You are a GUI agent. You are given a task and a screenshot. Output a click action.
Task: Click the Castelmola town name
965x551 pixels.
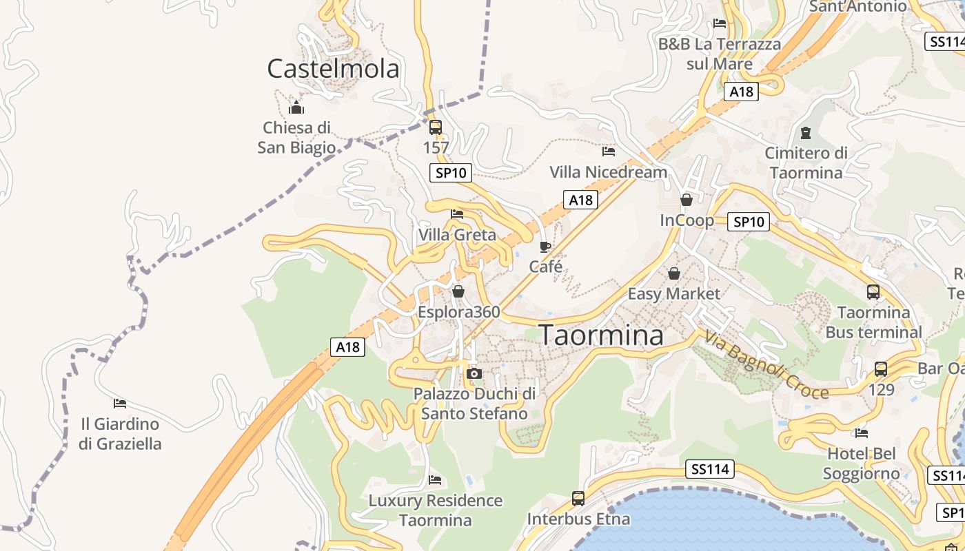point(333,69)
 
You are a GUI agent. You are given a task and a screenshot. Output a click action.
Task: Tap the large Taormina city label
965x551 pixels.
point(601,335)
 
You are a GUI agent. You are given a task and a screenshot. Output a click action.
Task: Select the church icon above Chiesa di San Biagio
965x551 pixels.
point(296,107)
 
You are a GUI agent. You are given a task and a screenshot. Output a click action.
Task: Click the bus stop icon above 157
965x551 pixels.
point(435,127)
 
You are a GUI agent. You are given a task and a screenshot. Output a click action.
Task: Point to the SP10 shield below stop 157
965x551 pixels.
point(451,173)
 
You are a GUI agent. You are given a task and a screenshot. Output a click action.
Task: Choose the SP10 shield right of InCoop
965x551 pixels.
point(749,222)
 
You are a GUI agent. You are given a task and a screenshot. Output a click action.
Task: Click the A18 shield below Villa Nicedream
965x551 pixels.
point(580,200)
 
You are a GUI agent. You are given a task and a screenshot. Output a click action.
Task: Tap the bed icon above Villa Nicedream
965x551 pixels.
point(608,151)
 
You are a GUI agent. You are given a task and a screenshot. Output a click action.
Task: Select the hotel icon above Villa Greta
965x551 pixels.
point(456,214)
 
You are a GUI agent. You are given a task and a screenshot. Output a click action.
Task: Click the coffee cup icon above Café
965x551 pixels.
point(545,247)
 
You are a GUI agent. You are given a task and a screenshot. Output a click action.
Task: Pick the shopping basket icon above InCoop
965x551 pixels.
point(687,200)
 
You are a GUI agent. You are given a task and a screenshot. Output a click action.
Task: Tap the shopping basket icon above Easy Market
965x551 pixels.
point(673,273)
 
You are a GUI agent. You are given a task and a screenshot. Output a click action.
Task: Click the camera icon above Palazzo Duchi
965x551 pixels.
point(474,373)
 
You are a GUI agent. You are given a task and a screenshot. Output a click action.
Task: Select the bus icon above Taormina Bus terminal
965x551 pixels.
point(873,292)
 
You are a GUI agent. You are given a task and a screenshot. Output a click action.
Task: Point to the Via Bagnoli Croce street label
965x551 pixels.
point(766,365)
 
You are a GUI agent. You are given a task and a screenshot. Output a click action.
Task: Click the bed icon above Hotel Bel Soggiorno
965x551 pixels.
point(861,433)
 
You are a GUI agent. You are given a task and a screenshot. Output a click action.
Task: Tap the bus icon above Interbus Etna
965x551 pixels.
point(578,498)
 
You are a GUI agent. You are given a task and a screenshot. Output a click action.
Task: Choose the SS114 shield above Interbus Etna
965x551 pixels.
point(710,470)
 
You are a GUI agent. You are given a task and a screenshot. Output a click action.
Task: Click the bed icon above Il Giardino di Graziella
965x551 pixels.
point(120,403)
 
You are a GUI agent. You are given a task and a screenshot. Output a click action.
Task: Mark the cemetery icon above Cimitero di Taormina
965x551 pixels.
point(806,132)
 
